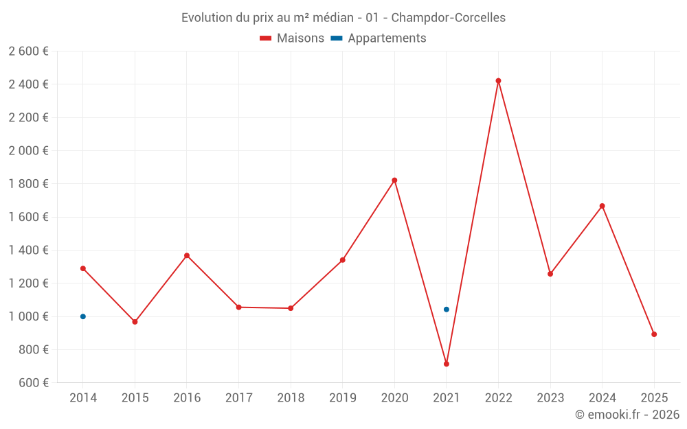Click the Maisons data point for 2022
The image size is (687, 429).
pos(498,81)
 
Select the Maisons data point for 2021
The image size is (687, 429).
pos(447,364)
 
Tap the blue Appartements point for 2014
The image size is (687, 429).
pos(83,316)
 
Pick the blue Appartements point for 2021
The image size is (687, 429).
pos(447,310)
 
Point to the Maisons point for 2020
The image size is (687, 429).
pos(394,181)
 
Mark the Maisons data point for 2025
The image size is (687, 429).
pos(654,334)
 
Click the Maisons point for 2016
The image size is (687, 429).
pos(187,256)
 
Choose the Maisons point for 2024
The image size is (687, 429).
pos(602,206)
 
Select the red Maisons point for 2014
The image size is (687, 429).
pos(83,268)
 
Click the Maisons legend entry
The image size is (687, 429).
pos(292,38)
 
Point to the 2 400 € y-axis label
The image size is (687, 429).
pos(28,84)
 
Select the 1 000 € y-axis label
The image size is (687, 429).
pos(28,316)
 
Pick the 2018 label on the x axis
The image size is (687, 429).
pos(291,397)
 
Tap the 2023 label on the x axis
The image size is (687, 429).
pos(550,397)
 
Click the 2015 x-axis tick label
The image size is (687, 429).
pos(135,397)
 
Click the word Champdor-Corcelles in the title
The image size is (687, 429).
pos(448,18)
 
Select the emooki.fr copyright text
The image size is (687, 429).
pos(627,415)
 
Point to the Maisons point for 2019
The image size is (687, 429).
pos(342,260)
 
